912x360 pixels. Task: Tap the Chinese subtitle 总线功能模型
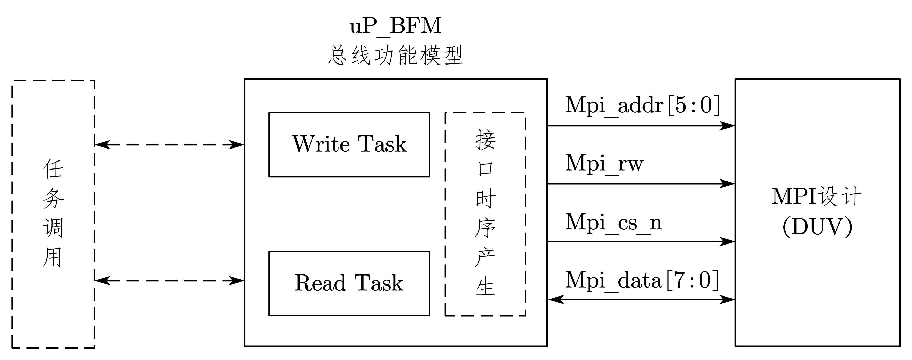click(396, 56)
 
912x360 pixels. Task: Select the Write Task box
click(349, 144)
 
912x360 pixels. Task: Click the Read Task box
click(349, 283)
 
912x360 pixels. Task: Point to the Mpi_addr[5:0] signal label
click(642, 105)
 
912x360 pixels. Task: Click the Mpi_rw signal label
click(604, 164)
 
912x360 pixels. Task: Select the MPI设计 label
click(816, 196)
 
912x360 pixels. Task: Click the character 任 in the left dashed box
click(53, 168)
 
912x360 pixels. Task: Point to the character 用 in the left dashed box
click(53, 257)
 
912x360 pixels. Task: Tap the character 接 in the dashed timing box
click(485, 140)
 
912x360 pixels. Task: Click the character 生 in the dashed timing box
click(485, 286)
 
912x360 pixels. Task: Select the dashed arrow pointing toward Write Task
click(169, 145)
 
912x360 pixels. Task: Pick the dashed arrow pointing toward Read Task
click(169, 281)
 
